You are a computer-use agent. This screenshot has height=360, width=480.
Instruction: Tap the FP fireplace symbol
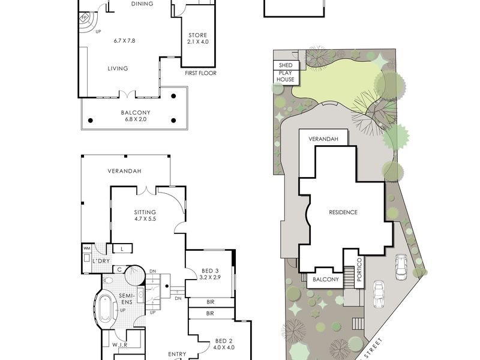(x=83, y=17)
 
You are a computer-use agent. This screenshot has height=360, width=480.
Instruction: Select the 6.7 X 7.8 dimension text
(x=124, y=40)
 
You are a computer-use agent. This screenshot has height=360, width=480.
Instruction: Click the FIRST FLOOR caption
(x=200, y=73)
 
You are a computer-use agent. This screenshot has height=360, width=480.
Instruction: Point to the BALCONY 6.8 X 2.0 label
(x=136, y=116)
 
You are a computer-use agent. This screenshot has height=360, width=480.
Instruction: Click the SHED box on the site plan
(x=286, y=65)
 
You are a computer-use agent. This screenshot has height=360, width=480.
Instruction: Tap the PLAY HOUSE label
(x=286, y=76)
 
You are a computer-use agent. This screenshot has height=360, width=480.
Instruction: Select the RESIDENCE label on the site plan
(x=343, y=212)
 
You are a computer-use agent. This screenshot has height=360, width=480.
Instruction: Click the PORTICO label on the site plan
(x=359, y=269)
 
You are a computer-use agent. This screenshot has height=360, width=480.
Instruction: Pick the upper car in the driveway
(x=401, y=267)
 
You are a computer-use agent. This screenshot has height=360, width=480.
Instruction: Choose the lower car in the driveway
(x=379, y=295)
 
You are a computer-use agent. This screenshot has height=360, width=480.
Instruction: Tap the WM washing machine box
(x=86, y=248)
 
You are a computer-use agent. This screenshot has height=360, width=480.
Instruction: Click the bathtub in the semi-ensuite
(x=106, y=308)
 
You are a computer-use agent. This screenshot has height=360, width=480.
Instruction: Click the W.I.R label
(x=119, y=344)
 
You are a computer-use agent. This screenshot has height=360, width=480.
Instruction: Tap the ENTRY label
(x=177, y=354)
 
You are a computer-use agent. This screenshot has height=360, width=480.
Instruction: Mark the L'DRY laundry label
(x=101, y=261)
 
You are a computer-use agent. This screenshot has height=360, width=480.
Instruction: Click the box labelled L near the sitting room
(x=122, y=248)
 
